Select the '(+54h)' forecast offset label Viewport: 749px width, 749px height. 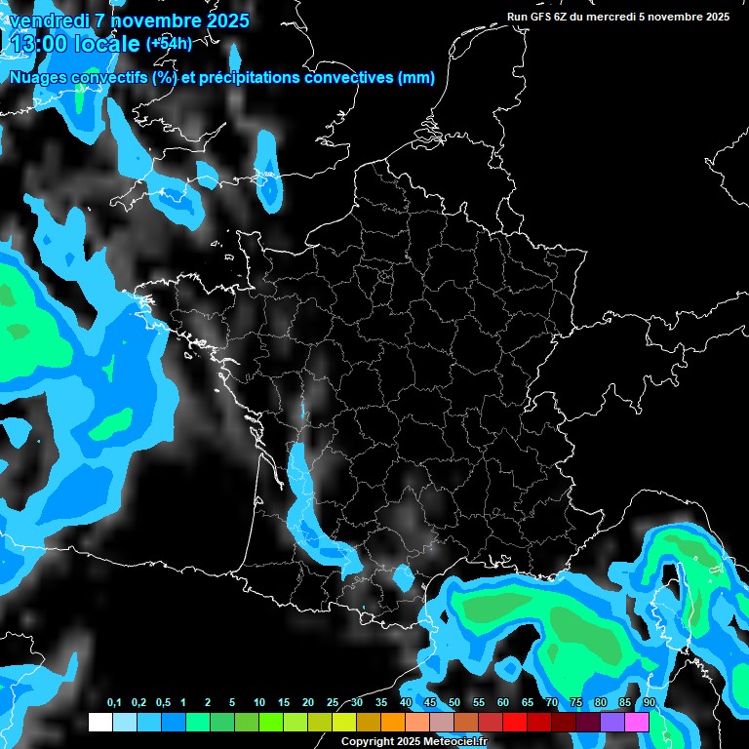[x=169, y=43]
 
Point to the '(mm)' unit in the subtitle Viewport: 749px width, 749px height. [x=416, y=78]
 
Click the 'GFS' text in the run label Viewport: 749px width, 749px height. [x=540, y=17]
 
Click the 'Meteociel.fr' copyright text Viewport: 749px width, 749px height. [x=455, y=741]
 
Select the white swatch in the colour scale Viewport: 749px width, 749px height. [x=99, y=722]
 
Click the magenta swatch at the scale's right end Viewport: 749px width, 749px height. [x=637, y=722]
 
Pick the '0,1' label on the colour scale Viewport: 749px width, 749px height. [x=114, y=703]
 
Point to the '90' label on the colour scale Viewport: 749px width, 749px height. [x=650, y=703]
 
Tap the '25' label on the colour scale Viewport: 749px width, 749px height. [x=333, y=703]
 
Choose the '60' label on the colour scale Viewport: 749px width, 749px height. [x=503, y=703]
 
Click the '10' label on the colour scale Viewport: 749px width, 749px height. [x=259, y=703]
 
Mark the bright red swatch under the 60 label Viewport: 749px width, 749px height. [x=515, y=722]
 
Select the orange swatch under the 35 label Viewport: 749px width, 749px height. [x=393, y=722]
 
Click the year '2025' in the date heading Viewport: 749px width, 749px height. [x=218, y=20]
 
